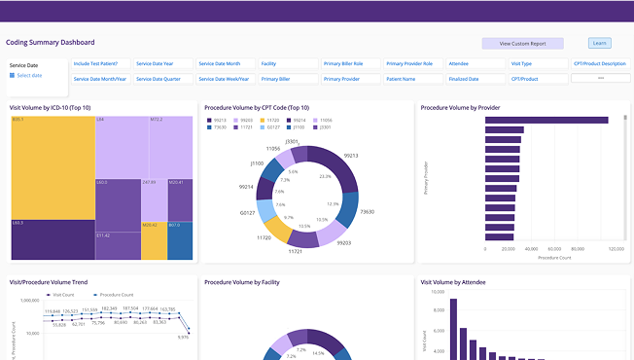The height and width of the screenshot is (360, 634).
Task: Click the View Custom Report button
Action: coord(522,44)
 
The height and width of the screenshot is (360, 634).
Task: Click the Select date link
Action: coord(28,75)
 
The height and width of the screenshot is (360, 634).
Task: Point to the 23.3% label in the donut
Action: coord(325,177)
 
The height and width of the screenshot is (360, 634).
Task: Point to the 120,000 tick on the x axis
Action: coord(616,250)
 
